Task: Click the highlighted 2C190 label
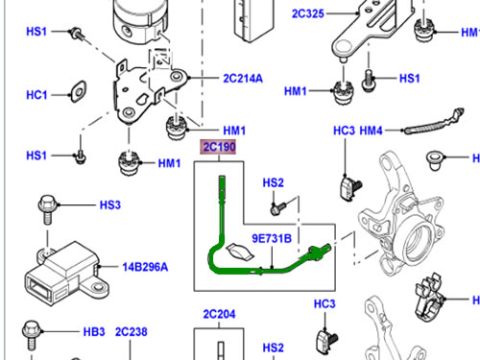coord(219,147)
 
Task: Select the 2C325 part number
coord(308,13)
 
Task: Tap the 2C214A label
coord(243,79)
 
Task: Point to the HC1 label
coord(36,95)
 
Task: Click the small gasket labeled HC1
coord(79,91)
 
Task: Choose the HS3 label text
coord(110,204)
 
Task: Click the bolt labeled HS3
coord(47,208)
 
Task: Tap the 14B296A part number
coord(145,267)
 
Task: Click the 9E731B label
coord(272,238)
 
